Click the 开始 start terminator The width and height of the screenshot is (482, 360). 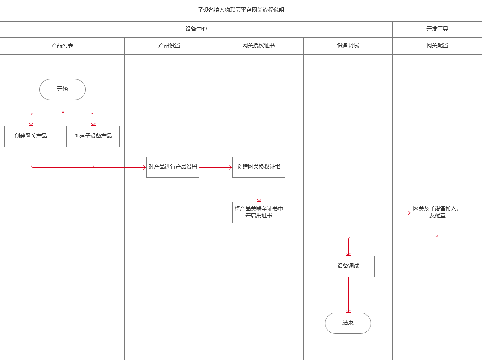point(62,89)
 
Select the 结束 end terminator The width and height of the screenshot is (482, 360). point(348,323)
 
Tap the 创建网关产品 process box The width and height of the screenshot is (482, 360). point(31,136)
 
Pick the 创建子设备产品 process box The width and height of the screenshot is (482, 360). point(93,136)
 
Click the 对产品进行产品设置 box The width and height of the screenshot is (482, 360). point(173,167)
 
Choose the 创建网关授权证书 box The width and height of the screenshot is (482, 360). point(259,167)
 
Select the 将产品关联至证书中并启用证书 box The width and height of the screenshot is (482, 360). point(259,212)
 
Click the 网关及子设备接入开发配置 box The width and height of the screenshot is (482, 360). point(437,212)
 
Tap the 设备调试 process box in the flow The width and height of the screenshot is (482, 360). point(348,266)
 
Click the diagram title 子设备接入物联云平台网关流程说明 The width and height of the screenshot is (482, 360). point(241,10)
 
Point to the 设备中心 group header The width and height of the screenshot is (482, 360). point(196,29)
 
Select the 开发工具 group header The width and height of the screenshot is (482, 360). point(437,29)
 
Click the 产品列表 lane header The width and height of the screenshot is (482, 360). point(62,46)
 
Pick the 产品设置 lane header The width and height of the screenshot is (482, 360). point(169,46)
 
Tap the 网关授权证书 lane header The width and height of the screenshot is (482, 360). point(258,46)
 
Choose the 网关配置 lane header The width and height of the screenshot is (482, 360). point(437,46)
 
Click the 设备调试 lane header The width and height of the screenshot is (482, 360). point(348,46)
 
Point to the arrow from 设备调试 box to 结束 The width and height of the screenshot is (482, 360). point(348,295)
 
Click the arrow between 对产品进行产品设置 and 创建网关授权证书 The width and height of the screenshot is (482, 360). point(216,167)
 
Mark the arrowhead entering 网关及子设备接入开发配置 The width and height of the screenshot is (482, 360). point(408,213)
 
